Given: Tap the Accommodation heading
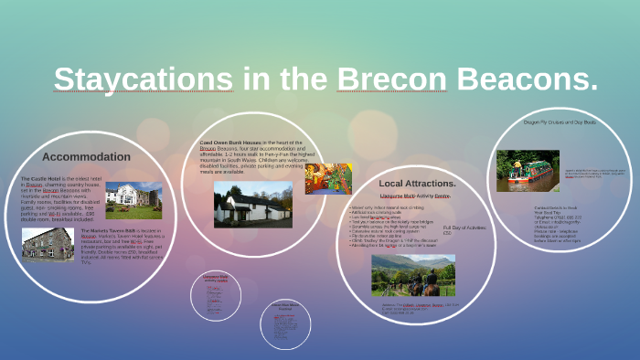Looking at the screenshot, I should (86, 156).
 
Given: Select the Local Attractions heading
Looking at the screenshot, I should (417, 183).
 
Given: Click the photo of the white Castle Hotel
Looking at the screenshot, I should (133, 200).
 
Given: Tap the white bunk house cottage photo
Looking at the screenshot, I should (252, 204).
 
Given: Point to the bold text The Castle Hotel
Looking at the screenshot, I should (41, 178).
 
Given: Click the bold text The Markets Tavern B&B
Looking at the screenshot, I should (108, 230).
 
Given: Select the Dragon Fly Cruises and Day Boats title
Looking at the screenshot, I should (559, 122).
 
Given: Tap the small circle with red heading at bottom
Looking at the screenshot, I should (215, 293).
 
